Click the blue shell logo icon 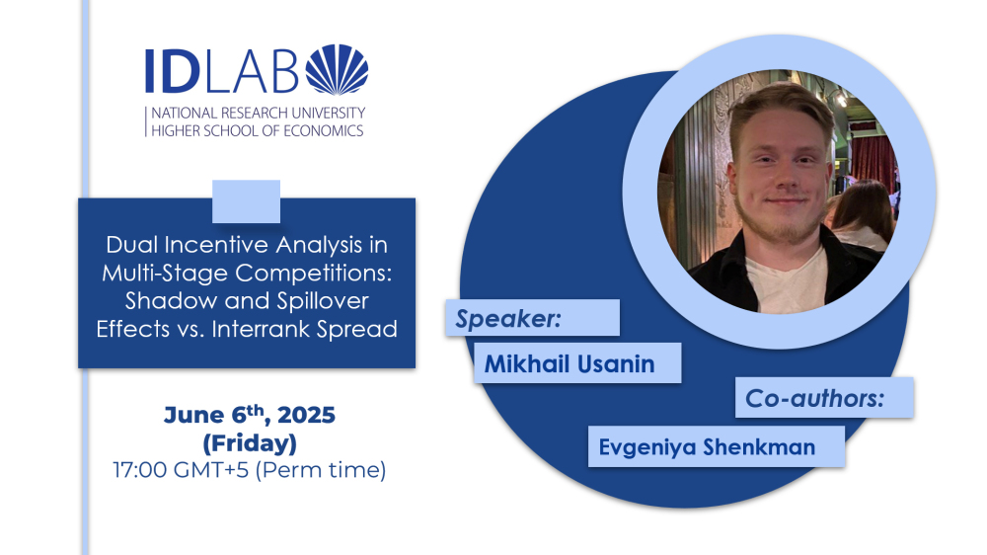pos(337,69)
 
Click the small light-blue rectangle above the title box pos(246,201)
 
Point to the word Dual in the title pos(127,245)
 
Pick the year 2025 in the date pos(307,415)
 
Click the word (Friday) pos(250,443)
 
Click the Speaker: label pos(508,319)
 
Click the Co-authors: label pos(815,398)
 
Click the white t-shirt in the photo pos(787,280)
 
